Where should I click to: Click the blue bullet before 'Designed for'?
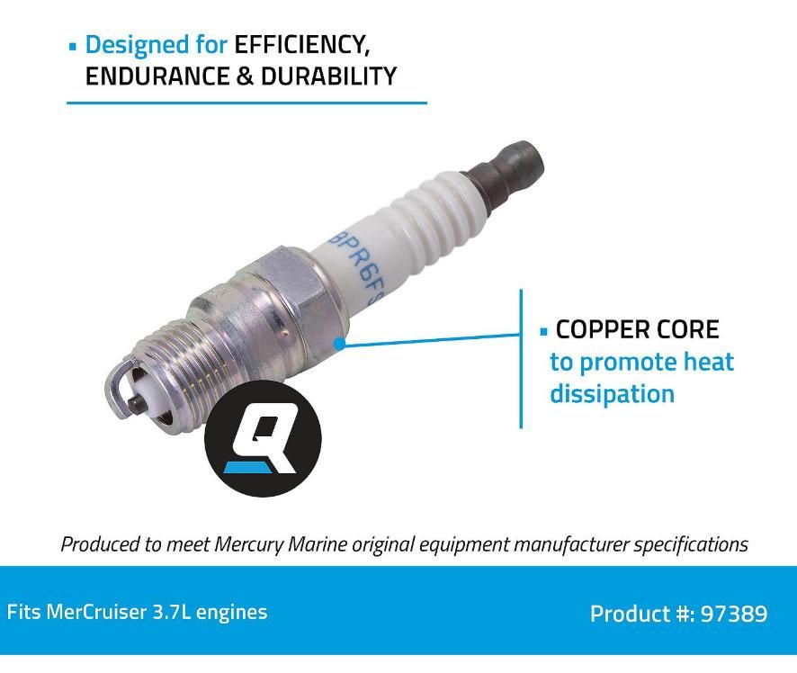pos(73,46)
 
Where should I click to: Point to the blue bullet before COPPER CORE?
pos(543,332)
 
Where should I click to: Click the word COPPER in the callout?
pos(602,330)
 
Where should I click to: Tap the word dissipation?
pos(612,394)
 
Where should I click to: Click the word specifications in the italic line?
pos(691,544)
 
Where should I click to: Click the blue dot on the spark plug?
pos(339,343)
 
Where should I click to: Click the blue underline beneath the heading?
pos(246,103)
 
